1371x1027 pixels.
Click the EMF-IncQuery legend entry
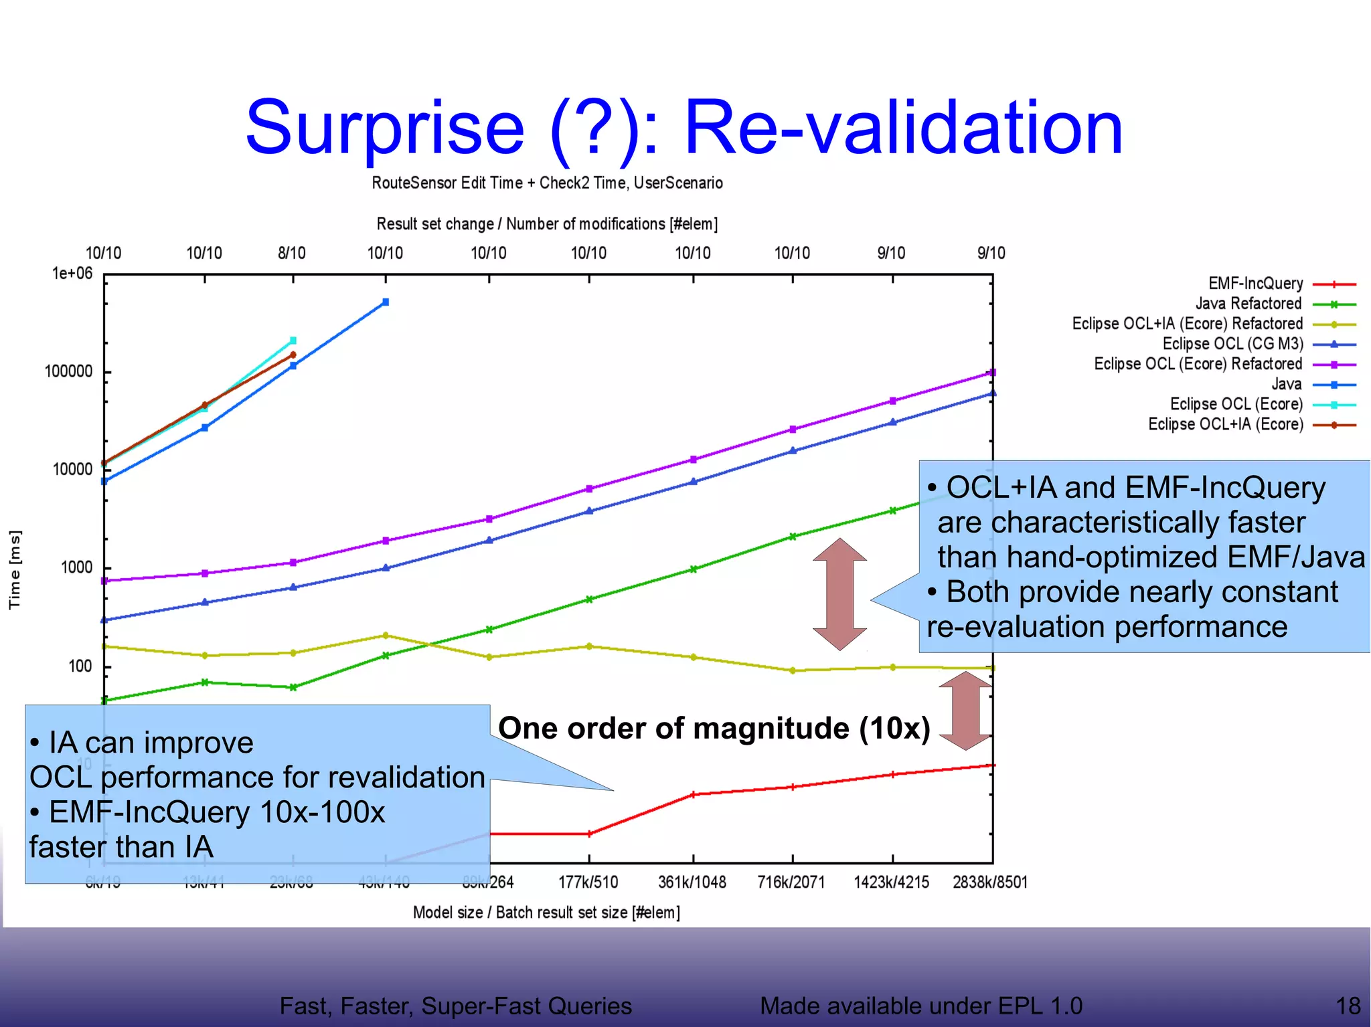pyautogui.click(x=1255, y=284)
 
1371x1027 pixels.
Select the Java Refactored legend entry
pyautogui.click(x=1248, y=304)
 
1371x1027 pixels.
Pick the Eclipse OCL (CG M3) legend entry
pyautogui.click(x=1232, y=344)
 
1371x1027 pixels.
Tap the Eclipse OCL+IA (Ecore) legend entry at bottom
pyautogui.click(x=1226, y=424)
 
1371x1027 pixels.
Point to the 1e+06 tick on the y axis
pyautogui.click(x=72, y=273)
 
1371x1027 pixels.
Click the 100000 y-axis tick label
pyautogui.click(x=68, y=371)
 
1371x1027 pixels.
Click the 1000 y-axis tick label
pyautogui.click(x=76, y=567)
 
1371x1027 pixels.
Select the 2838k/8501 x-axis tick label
pyautogui.click(x=989, y=882)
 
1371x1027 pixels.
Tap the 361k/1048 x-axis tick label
pyautogui.click(x=692, y=882)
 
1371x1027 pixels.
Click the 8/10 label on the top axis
pyautogui.click(x=292, y=253)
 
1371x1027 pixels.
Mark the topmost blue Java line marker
pyautogui.click(x=386, y=302)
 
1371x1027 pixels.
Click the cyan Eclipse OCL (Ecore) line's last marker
pyautogui.click(x=293, y=341)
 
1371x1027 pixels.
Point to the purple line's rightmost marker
pyautogui.click(x=992, y=373)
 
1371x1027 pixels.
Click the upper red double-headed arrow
pyautogui.click(x=839, y=594)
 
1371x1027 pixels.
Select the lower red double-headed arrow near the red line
pyautogui.click(x=965, y=711)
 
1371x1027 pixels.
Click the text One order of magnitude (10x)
pyautogui.click(x=714, y=728)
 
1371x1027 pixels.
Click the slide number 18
pyautogui.click(x=1348, y=1006)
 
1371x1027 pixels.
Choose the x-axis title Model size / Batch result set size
pyautogui.click(x=546, y=913)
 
